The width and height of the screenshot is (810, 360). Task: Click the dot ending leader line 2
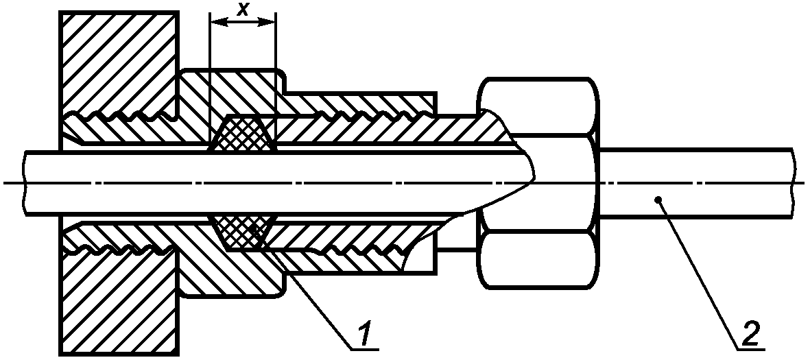click(x=658, y=200)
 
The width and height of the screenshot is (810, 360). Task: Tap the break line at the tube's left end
click(x=24, y=182)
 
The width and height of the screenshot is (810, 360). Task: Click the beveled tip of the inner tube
click(x=525, y=180)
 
